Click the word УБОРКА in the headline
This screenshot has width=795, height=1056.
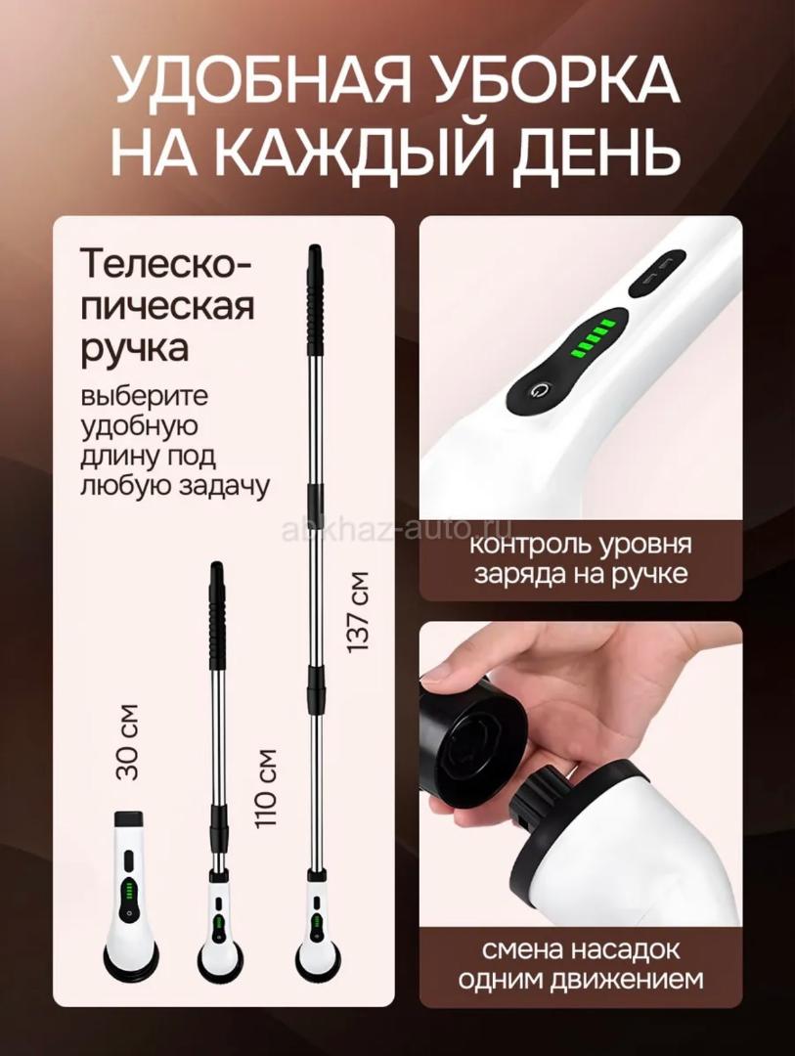tap(547, 81)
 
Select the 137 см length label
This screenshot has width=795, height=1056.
tap(359, 611)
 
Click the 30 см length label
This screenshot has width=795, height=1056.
tap(127, 742)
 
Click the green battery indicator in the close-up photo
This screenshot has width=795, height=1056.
tap(591, 337)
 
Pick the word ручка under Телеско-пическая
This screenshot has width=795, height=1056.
tap(134, 350)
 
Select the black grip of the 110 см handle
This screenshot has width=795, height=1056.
tap(216, 613)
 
